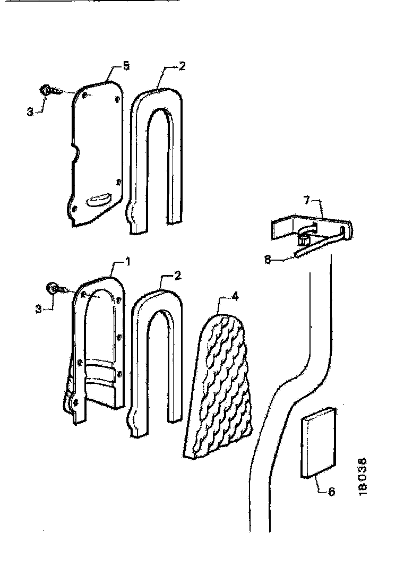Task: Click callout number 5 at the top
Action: coord(125,66)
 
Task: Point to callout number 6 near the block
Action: coord(331,492)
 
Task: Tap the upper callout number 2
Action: coord(182,66)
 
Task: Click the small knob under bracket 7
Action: coord(304,239)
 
